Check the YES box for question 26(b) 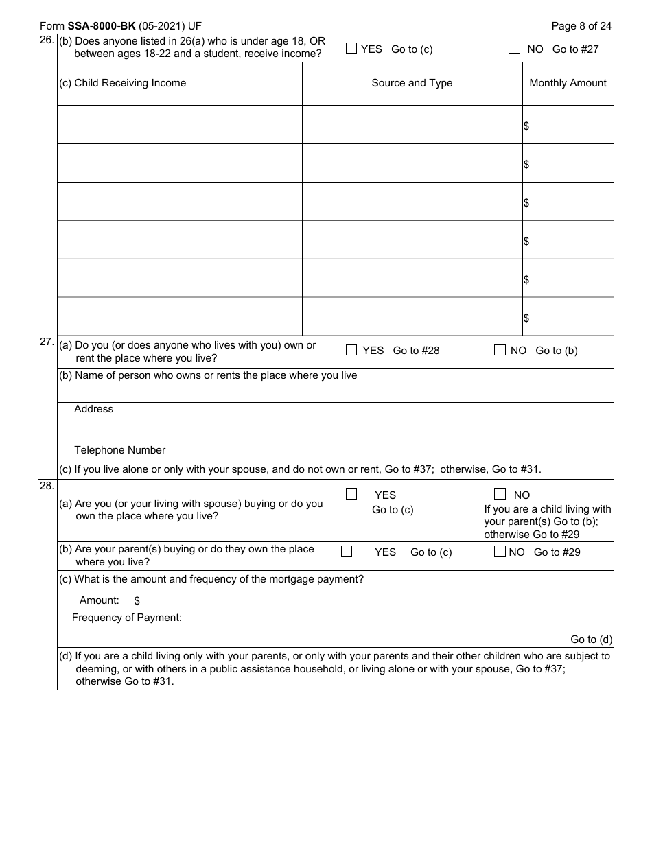pyautogui.click(x=351, y=49)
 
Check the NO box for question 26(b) pyautogui.click(x=514, y=49)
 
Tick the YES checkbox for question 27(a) pyautogui.click(x=351, y=350)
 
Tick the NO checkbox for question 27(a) pyautogui.click(x=500, y=350)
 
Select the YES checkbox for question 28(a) pyautogui.click(x=351, y=494)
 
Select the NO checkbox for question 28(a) pyautogui.click(x=500, y=494)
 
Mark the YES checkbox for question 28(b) pyautogui.click(x=347, y=552)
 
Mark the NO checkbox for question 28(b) pyautogui.click(x=500, y=552)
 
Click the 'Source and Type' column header pyautogui.click(x=412, y=83)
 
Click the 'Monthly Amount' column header pyautogui.click(x=568, y=83)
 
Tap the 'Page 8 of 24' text pyautogui.click(x=581, y=26)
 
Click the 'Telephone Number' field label pyautogui.click(x=120, y=450)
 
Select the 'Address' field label pyautogui.click(x=94, y=409)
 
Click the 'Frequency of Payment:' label pyautogui.click(x=127, y=618)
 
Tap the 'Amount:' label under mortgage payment pyautogui.click(x=100, y=600)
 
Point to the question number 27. pyautogui.click(x=47, y=342)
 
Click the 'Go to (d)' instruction pyautogui.click(x=591, y=640)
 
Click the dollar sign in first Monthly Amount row pyautogui.click(x=526, y=126)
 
